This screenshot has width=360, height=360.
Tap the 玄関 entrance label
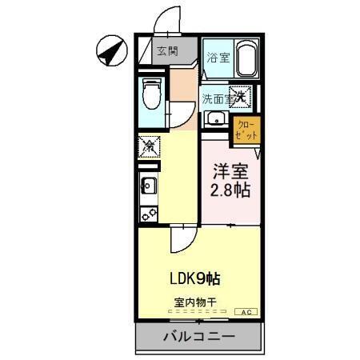(166, 52)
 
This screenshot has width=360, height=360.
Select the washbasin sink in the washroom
(214, 121)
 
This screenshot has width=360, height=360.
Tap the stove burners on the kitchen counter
(147, 214)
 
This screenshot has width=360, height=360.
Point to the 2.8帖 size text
(230, 191)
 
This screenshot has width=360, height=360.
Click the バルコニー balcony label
(199, 336)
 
